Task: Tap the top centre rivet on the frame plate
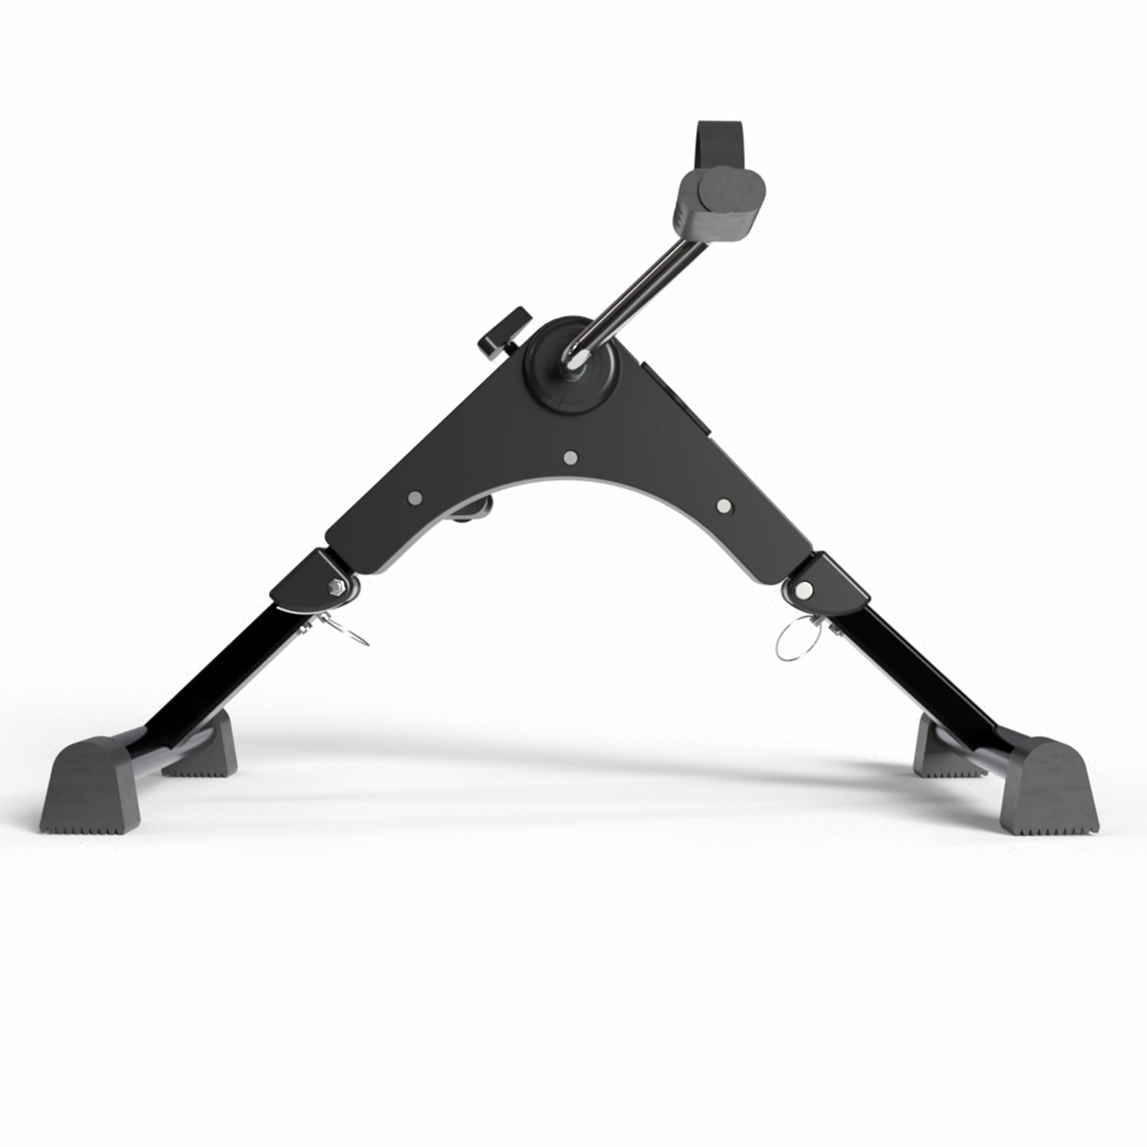(569, 457)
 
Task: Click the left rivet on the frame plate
(414, 498)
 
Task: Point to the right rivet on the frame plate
(723, 505)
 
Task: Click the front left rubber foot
(90, 786)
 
